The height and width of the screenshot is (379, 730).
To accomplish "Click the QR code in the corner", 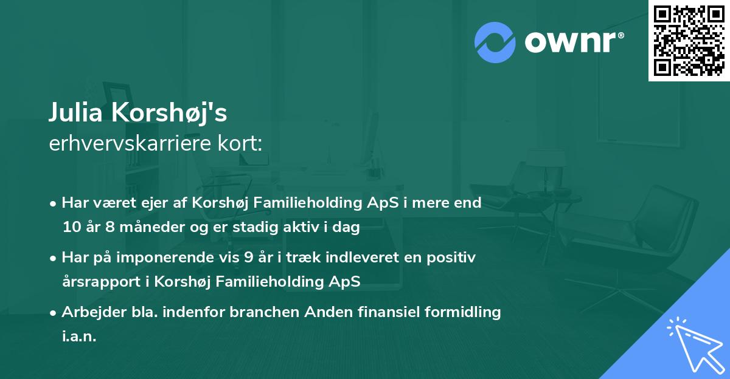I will coord(688,41).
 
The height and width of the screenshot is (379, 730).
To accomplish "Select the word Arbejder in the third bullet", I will coord(87,312).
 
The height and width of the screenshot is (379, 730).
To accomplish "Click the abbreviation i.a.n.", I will coord(79,336).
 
